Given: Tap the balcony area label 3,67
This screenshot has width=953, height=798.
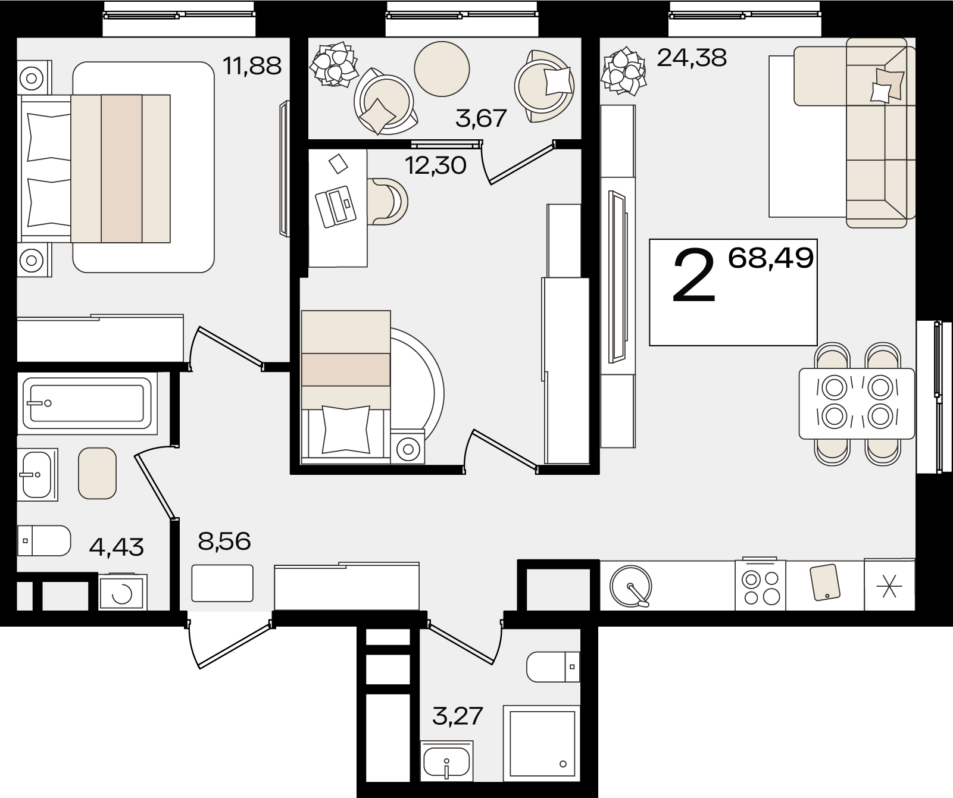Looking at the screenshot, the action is coord(481,118).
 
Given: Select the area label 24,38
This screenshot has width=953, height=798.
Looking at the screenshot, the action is coord(692,58).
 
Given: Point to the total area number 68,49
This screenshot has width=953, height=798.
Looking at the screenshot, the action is coord(771,258).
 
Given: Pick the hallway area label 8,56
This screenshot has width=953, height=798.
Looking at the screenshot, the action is coord(225,542).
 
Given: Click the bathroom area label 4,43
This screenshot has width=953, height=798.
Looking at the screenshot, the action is coord(116,546).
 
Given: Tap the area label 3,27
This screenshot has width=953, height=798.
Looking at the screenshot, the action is coord(457,716).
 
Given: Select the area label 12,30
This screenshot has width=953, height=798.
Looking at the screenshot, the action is coord(435,165).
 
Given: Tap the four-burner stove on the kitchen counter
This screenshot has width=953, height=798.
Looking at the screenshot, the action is coord(761,586).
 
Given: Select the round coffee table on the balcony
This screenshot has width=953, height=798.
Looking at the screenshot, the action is coord(442,68).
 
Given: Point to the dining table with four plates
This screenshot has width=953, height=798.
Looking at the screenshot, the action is coord(857,403).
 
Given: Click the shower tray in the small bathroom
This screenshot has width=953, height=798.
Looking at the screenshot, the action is coord(542,743).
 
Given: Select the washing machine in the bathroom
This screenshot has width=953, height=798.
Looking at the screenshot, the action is coord(122,593).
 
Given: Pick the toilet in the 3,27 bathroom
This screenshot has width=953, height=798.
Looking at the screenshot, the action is coord(553,667).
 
